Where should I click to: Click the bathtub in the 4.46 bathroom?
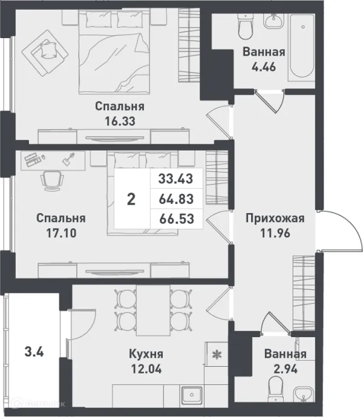(300, 46)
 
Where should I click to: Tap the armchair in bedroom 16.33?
(44, 49)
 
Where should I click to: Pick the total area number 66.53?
(176, 218)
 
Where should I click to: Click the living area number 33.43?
(176, 178)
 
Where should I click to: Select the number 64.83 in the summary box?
(176, 199)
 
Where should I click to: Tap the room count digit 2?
(131, 199)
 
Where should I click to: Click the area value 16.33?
(119, 120)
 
